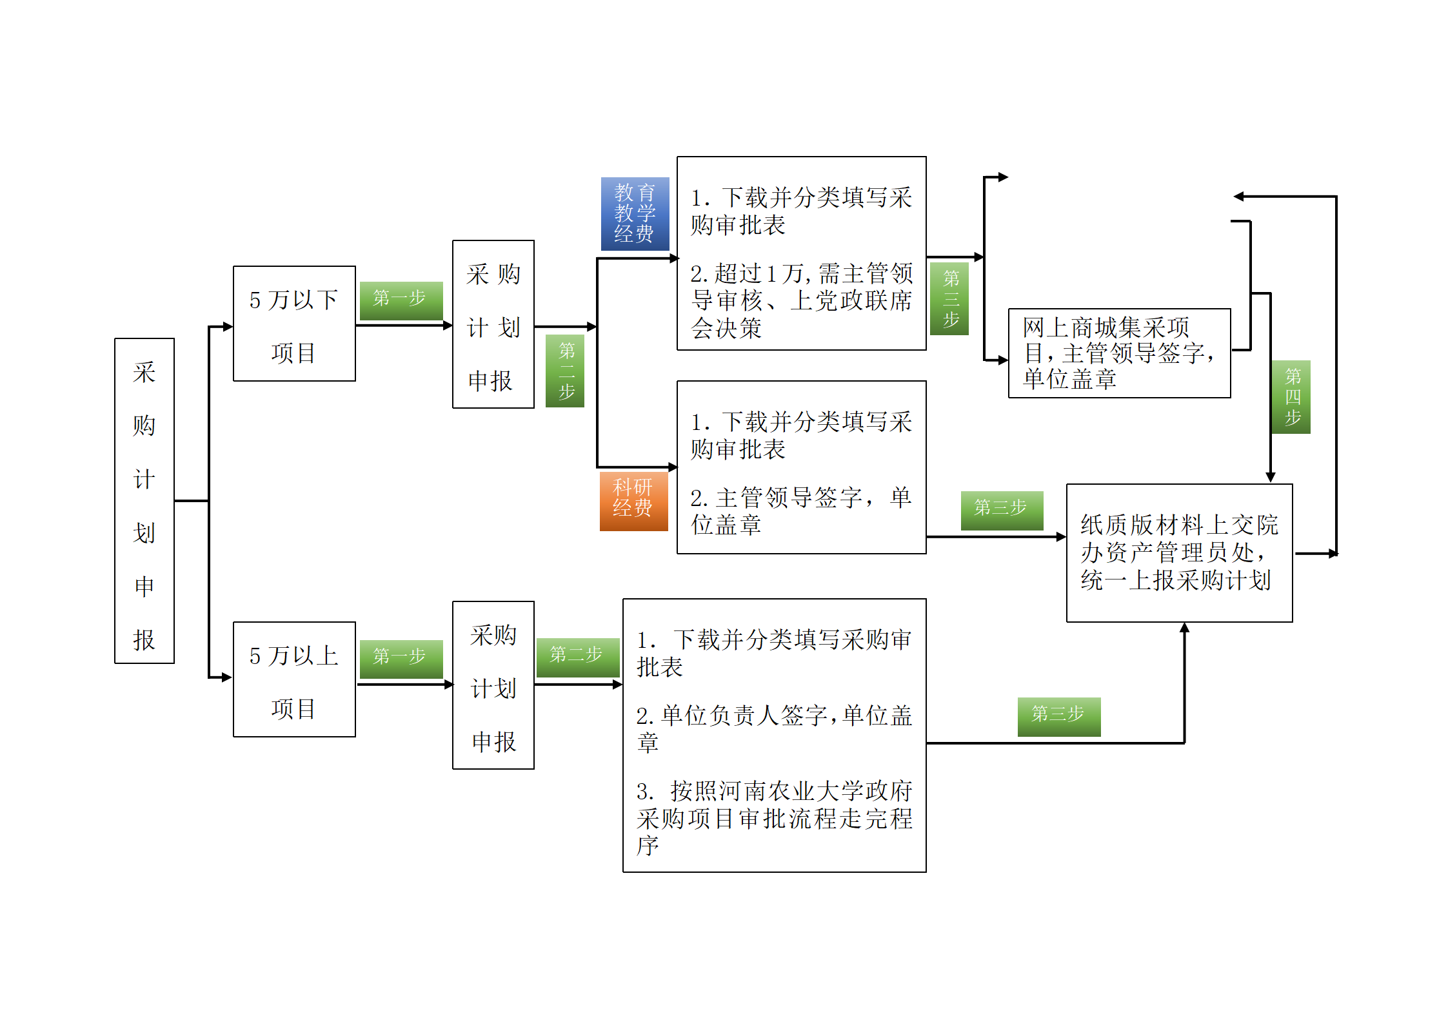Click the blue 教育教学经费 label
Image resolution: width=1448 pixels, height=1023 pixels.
pos(635,213)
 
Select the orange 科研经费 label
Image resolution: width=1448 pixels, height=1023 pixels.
pos(633,501)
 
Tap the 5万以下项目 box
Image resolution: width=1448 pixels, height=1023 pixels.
pos(294,324)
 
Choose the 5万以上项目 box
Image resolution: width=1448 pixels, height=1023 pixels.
pos(294,679)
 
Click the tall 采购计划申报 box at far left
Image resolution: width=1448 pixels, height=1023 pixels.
pos(144,500)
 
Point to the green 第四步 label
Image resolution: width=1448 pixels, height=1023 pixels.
pos(1291,396)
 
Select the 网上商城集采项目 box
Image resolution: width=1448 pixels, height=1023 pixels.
pos(1119,353)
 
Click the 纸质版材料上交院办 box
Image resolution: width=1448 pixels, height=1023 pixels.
pos(1179,552)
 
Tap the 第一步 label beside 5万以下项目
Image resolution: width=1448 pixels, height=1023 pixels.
pos(401,300)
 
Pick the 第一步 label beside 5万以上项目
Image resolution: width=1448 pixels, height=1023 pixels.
pos(401,658)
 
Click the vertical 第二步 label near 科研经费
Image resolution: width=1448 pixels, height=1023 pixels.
pos(565,371)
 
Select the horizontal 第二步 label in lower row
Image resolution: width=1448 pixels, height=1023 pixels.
pos(577,657)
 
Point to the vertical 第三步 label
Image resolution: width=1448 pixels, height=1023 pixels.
pos(949,298)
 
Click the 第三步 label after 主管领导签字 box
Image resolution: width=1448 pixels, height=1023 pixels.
pos(1002,510)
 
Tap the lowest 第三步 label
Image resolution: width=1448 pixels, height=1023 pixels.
pos(1058,716)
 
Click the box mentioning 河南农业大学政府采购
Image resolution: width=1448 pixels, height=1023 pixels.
pos(774,735)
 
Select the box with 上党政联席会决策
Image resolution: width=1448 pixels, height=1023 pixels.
pos(801,253)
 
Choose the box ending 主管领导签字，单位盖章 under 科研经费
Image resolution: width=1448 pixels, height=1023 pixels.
pos(801,467)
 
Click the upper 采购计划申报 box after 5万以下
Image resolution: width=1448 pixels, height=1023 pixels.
pos(493,324)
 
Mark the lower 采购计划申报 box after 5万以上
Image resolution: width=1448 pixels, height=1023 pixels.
pos(493,685)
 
